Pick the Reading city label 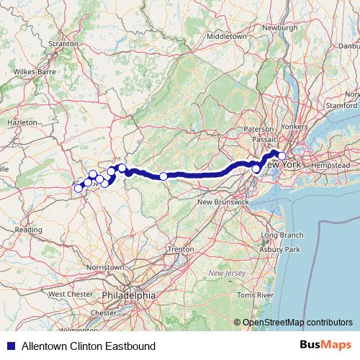(29, 230)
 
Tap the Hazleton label (22, 123)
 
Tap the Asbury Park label (281, 250)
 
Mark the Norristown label (104, 266)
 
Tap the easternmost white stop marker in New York (282, 156)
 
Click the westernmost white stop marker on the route (78, 189)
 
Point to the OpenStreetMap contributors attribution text (297, 323)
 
